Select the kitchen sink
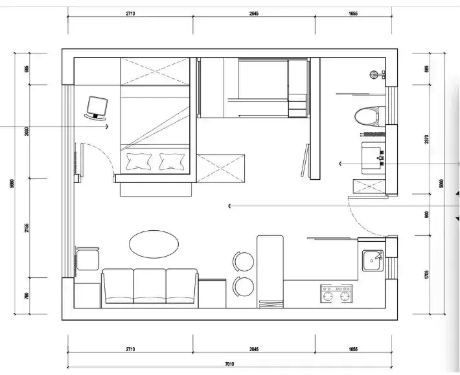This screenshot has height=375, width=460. (373, 260)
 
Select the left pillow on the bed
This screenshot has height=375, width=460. (139, 160)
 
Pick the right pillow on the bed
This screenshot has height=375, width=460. (171, 160)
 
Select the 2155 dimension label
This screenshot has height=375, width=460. (27, 228)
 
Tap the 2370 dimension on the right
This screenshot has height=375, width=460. (426, 140)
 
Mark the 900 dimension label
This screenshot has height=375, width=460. (426, 215)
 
